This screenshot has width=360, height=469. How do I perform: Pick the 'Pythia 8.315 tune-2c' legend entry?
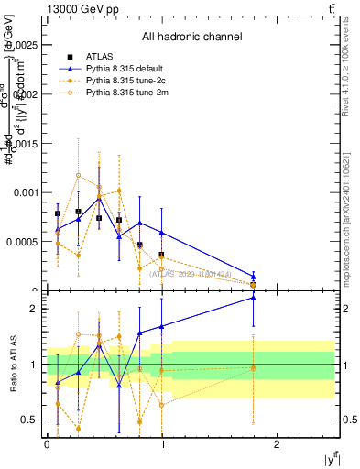[126, 82]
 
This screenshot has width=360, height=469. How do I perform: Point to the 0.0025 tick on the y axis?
[23, 44]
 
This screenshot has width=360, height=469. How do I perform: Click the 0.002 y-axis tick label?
[26, 93]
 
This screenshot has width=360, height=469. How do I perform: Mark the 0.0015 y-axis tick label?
[23, 143]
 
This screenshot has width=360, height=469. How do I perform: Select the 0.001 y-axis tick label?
[26, 192]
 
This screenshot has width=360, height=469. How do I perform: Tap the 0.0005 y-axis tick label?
[23, 242]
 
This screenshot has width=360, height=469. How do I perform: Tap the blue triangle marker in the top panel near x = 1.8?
[254, 276]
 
